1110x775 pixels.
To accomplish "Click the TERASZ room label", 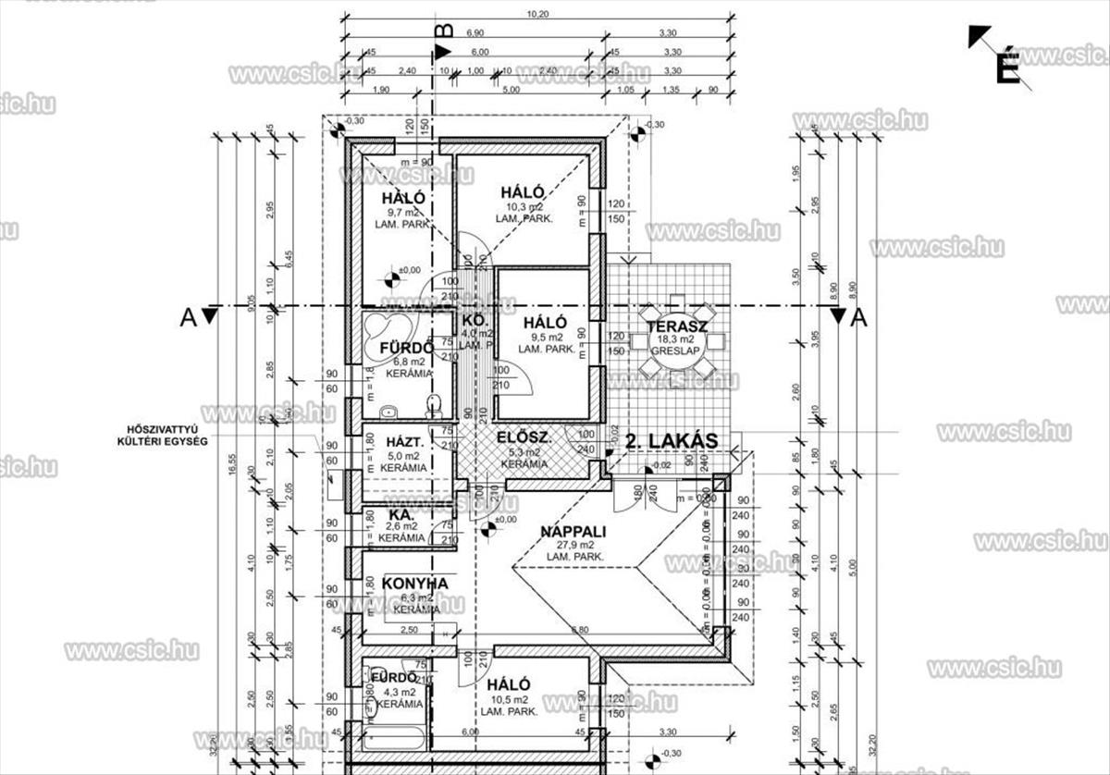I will [x=678, y=326].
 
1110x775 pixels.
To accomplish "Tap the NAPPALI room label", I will [x=573, y=532].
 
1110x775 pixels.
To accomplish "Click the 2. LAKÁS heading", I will [x=672, y=441].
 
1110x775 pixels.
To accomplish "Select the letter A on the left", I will [x=189, y=317].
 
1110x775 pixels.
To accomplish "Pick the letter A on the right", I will [x=858, y=317].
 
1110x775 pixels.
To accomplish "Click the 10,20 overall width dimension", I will [x=538, y=14].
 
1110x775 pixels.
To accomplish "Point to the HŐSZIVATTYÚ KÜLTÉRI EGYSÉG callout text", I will [x=167, y=435].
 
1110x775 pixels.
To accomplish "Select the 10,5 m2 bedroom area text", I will [x=510, y=700].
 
